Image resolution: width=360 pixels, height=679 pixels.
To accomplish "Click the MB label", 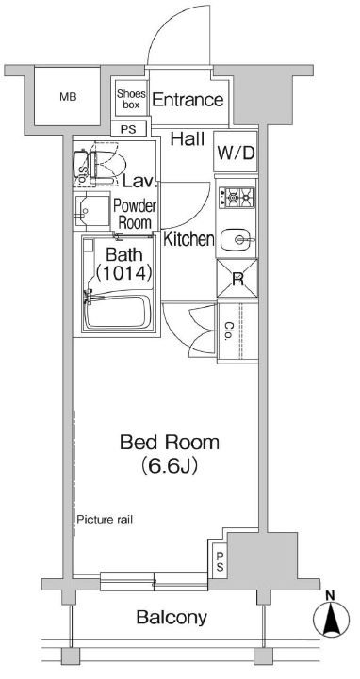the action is click(x=68, y=97).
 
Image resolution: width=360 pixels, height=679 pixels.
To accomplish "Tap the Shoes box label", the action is click(x=131, y=99).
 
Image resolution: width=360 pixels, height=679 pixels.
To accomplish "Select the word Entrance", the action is click(x=188, y=100).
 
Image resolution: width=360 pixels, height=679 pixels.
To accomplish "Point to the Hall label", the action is click(x=188, y=139).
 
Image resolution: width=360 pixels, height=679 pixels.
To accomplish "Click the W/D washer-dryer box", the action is click(x=236, y=152).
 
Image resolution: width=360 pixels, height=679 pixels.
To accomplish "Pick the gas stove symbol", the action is click(x=236, y=198).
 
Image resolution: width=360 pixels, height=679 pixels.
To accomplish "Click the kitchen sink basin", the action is click(x=237, y=240).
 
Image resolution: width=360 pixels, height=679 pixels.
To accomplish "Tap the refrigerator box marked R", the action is click(x=237, y=279).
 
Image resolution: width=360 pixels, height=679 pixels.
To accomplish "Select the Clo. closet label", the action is click(x=229, y=332).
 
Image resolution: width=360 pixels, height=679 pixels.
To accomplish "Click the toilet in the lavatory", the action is click(x=100, y=165).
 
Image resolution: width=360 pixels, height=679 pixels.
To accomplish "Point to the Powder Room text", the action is click(x=135, y=214).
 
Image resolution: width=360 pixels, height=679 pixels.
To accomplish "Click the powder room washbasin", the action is click(x=91, y=211).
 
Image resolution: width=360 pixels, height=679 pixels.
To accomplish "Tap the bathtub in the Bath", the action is click(x=118, y=312).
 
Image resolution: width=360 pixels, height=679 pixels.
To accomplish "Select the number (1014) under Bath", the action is click(x=123, y=273).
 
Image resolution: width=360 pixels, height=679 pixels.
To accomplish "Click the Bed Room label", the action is click(x=170, y=443).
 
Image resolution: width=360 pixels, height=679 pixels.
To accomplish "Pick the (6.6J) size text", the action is click(x=170, y=466).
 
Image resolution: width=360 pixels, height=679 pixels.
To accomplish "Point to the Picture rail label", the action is click(x=105, y=519).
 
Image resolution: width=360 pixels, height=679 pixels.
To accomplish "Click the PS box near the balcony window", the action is click(x=220, y=560).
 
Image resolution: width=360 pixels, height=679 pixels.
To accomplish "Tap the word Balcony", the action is click(x=172, y=618).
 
